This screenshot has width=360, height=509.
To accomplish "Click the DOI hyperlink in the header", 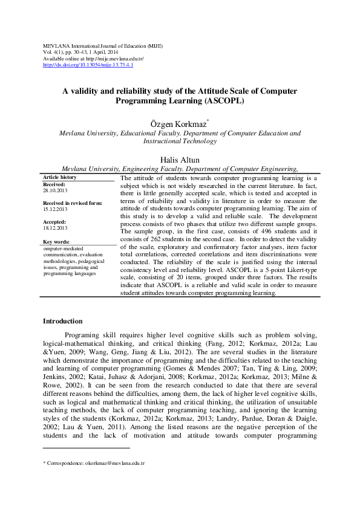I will click(88, 65).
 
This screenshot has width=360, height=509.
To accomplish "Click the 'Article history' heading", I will click(60, 177).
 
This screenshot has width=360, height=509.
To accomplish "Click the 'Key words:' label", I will click(57, 242).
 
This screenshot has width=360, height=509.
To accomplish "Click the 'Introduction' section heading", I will click(67, 321).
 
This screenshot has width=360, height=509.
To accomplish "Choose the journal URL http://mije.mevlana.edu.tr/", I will click(114, 59).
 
